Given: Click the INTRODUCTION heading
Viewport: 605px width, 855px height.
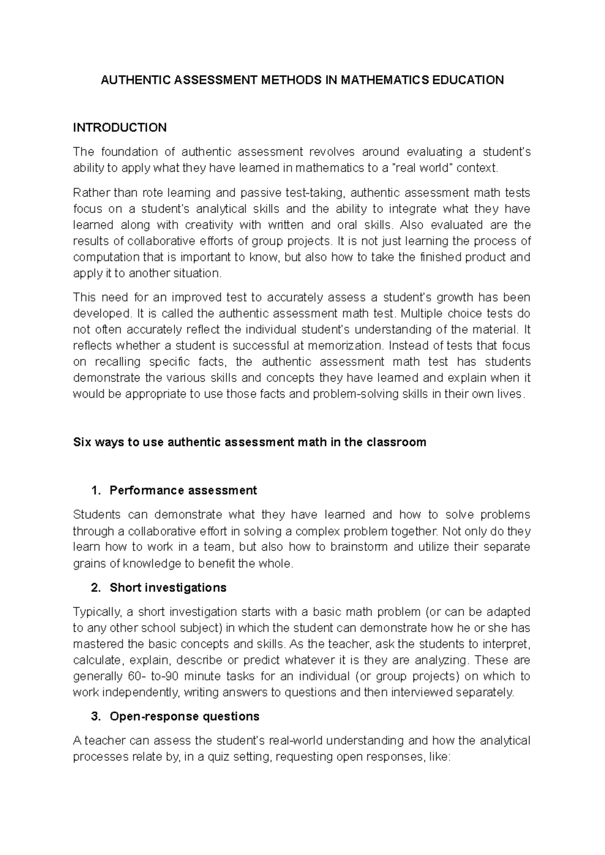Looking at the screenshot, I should [x=119, y=128].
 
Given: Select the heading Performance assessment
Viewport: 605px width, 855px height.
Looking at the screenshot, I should [x=183, y=491].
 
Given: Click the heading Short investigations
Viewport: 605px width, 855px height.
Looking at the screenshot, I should [x=168, y=588].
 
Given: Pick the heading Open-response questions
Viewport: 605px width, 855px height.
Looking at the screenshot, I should [x=185, y=716].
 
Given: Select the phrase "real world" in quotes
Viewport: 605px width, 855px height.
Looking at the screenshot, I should [x=422, y=168].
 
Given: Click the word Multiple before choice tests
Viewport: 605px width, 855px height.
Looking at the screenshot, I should [x=421, y=314].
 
